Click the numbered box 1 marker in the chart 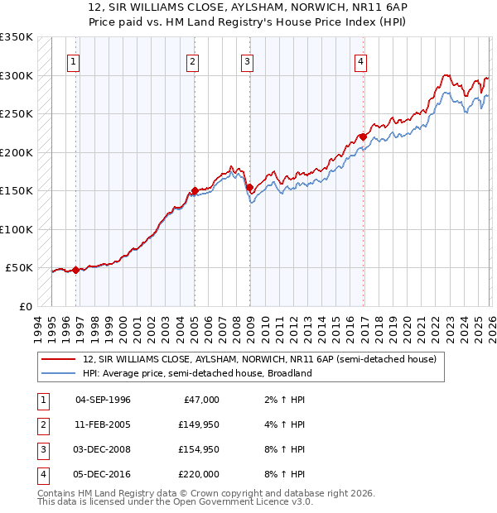tap(74, 61)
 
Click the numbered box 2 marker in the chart tap(192, 61)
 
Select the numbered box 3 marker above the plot tap(247, 61)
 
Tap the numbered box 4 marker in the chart tap(361, 61)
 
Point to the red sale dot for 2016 tap(363, 137)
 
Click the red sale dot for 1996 tap(75, 270)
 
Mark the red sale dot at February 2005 tap(195, 191)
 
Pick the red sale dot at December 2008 tap(249, 187)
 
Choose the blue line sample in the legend tap(60, 373)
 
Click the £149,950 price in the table tap(198, 426)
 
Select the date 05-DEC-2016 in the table tap(103, 474)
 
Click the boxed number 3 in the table tap(41, 449)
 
